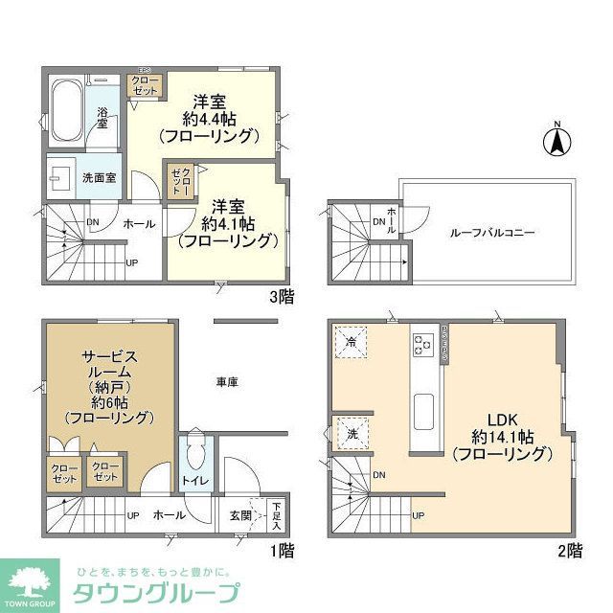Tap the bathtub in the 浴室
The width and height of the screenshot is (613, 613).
(65, 112)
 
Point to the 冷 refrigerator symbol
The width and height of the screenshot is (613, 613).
(351, 343)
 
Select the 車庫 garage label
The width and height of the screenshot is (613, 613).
(226, 381)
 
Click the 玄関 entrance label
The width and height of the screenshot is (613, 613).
(240, 515)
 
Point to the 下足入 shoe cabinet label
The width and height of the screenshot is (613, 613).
(276, 516)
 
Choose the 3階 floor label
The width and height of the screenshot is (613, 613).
(281, 297)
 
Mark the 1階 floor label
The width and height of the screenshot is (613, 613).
(281, 550)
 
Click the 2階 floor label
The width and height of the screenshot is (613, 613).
(568, 550)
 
